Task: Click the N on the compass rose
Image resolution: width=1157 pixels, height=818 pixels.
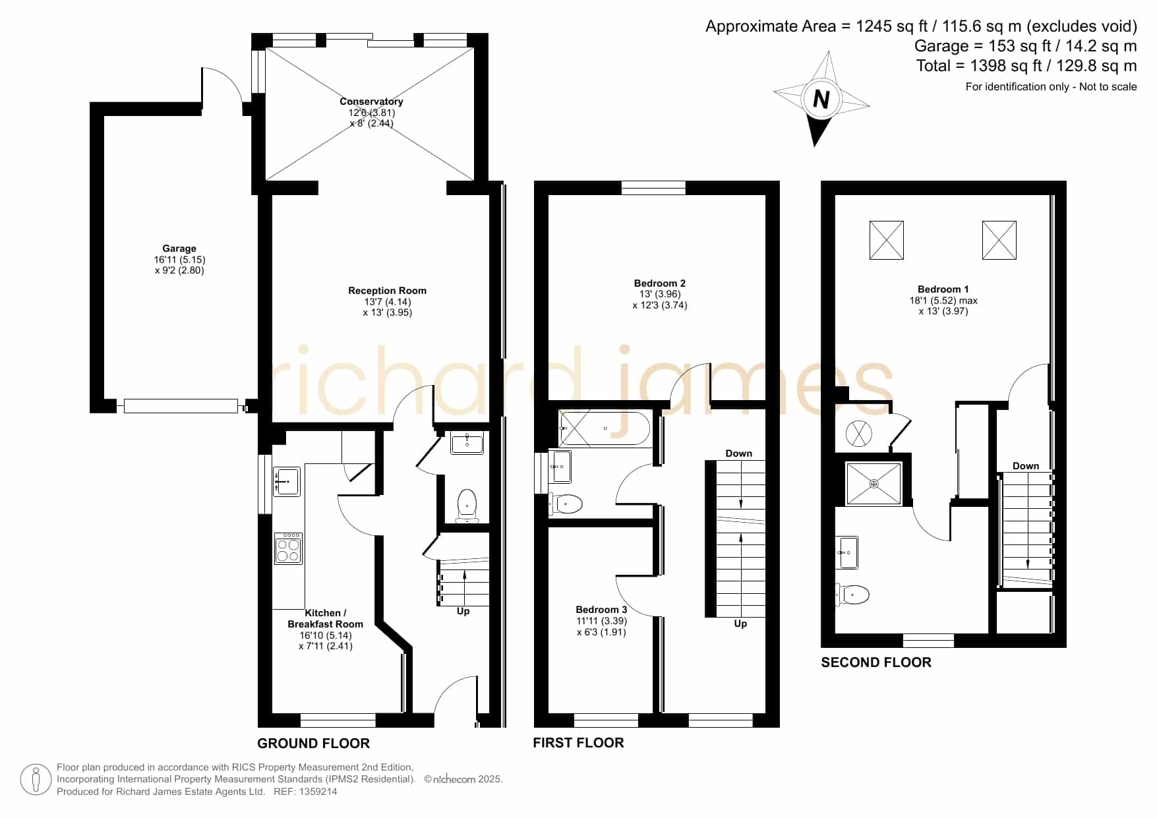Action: click(x=821, y=100)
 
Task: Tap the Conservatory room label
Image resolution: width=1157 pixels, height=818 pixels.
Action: click(x=371, y=102)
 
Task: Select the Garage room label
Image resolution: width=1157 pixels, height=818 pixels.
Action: click(x=179, y=248)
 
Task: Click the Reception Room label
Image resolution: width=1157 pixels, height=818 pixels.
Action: click(x=387, y=291)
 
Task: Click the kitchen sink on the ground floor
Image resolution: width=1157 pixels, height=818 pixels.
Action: click(x=287, y=482)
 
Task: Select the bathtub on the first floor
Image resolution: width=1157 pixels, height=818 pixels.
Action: click(x=605, y=428)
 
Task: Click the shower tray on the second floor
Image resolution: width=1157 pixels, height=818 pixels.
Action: click(x=874, y=484)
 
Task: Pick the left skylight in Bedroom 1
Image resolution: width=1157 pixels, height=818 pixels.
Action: click(x=887, y=240)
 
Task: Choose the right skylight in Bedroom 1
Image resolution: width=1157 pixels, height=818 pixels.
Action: click(x=999, y=240)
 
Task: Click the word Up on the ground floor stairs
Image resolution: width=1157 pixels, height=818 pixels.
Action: click(x=463, y=612)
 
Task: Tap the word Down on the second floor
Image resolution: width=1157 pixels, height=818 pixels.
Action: click(x=1026, y=466)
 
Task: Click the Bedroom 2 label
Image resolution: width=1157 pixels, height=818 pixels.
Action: click(x=660, y=283)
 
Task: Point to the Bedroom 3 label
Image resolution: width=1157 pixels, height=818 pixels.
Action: click(x=601, y=610)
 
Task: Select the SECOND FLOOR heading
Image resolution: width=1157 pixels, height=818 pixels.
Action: click(x=876, y=662)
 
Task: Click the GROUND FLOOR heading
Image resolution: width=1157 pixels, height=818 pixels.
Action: click(x=313, y=744)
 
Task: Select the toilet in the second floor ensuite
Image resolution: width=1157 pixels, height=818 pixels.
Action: click(x=852, y=595)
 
